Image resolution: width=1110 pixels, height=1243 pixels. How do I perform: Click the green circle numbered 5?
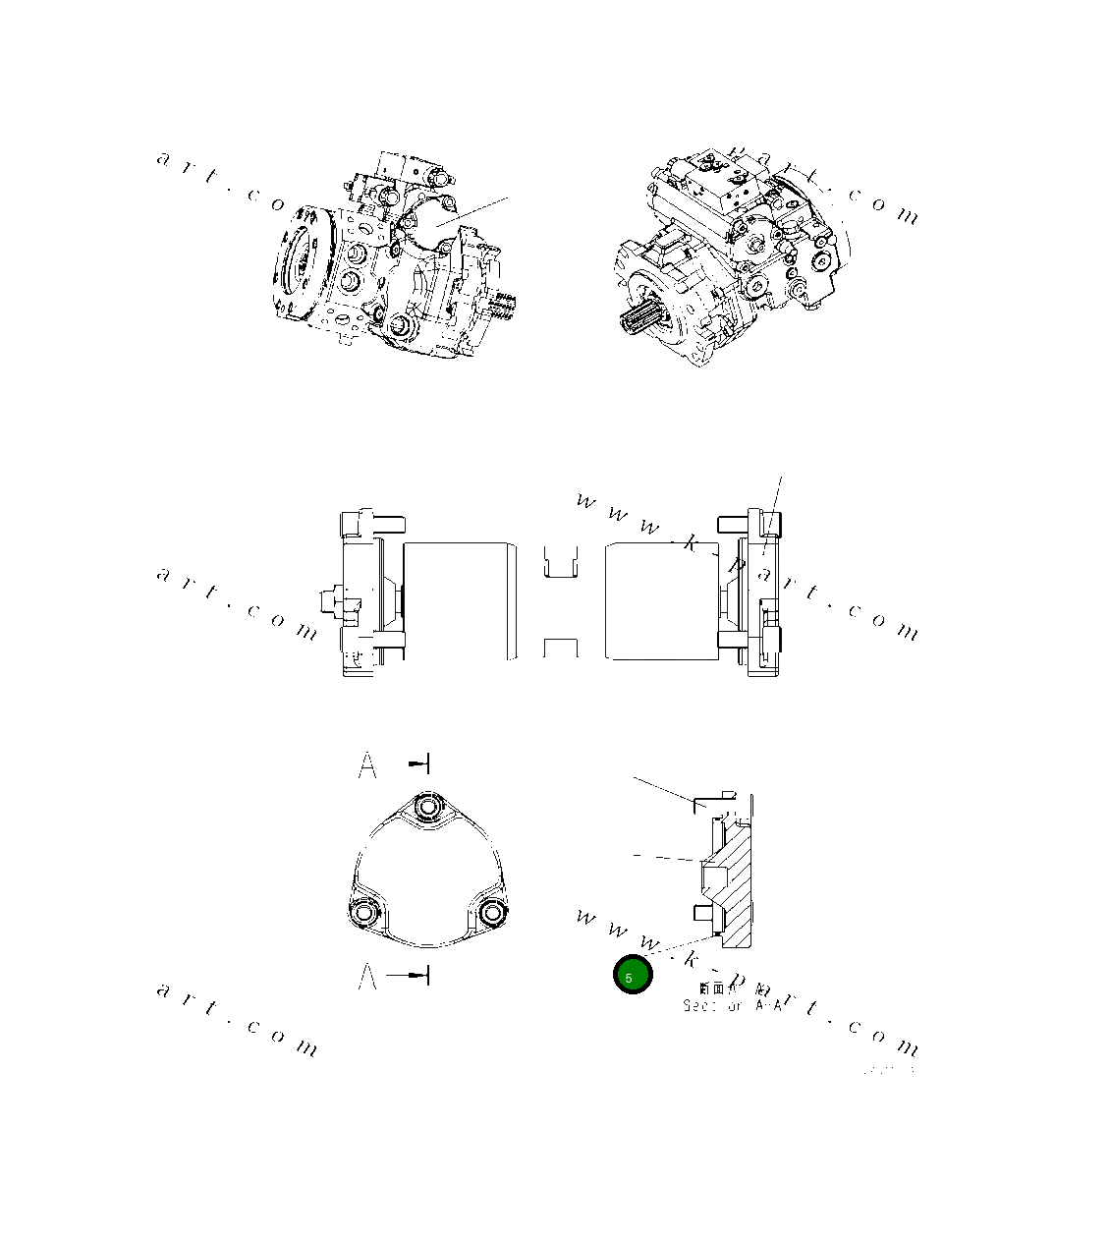pyautogui.click(x=633, y=975)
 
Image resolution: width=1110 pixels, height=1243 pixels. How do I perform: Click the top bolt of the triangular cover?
pyautogui.click(x=427, y=808)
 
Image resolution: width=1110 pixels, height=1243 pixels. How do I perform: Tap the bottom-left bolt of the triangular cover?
pyautogui.click(x=363, y=913)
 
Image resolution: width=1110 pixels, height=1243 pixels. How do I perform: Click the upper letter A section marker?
pyautogui.click(x=367, y=764)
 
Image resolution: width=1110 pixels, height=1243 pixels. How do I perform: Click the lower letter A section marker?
pyautogui.click(x=367, y=976)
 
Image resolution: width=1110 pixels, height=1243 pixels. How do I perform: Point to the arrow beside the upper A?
pyautogui.click(x=419, y=763)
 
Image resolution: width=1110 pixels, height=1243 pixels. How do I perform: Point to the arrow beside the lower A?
pyautogui.click(x=410, y=976)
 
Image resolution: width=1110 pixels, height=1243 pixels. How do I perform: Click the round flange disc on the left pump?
pyautogui.click(x=299, y=263)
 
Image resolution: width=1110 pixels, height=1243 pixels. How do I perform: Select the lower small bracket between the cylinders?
pyautogui.click(x=561, y=648)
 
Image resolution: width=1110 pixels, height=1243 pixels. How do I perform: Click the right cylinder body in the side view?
pyautogui.click(x=658, y=599)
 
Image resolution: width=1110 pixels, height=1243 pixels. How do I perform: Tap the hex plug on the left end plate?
pyautogui.click(x=330, y=599)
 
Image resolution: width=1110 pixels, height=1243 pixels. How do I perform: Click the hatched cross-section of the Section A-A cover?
pyautogui.click(x=737, y=884)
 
